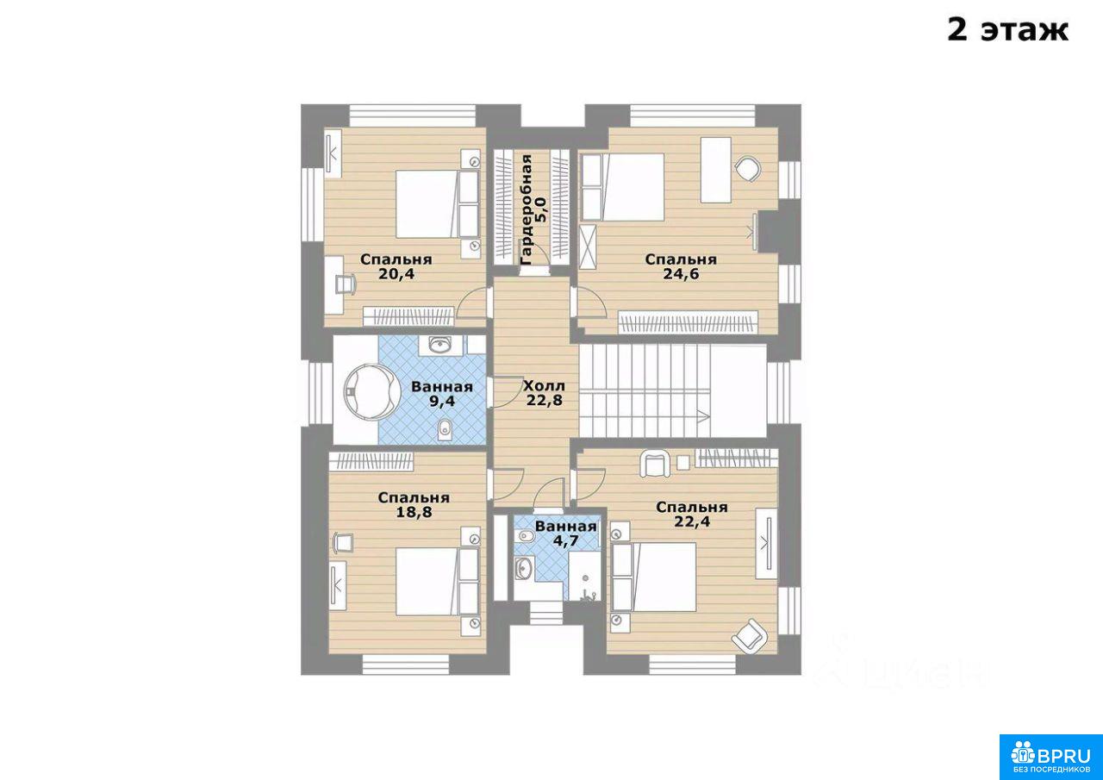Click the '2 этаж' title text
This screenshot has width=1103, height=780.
click(x=1008, y=30)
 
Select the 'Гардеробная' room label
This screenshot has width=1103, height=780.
click(x=527, y=209)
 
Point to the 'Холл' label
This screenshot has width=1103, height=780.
click(x=544, y=385)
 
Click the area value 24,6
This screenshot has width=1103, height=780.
click(x=681, y=274)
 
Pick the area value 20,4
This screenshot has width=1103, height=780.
click(x=396, y=274)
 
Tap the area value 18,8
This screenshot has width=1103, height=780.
click(x=414, y=512)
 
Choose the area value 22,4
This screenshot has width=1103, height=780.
click(x=692, y=521)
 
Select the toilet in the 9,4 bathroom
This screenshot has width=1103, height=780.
click(x=444, y=431)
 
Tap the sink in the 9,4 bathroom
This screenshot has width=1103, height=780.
click(x=440, y=346)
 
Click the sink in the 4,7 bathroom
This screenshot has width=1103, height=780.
click(x=523, y=569)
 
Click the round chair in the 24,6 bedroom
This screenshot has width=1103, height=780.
click(x=748, y=170)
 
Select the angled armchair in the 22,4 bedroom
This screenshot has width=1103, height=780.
click(x=750, y=635)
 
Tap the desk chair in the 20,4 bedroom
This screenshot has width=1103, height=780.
click(x=346, y=284)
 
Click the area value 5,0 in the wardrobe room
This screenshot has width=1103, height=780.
click(x=540, y=209)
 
